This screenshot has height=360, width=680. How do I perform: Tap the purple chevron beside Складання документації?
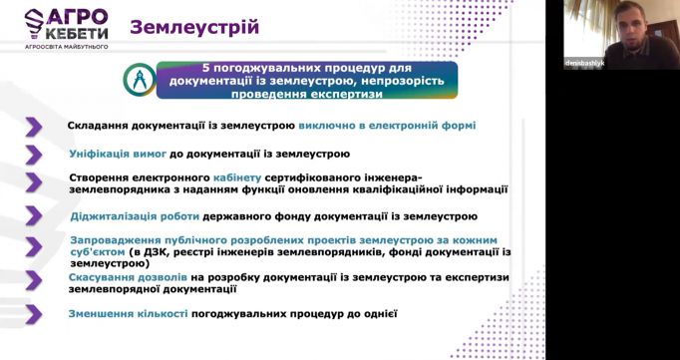tap(34, 127)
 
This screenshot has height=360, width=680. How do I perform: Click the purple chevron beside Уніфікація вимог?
tap(34, 155)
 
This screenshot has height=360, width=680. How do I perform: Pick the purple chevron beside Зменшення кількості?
tap(34, 314)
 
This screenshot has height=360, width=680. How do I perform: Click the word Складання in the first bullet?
tap(97, 127)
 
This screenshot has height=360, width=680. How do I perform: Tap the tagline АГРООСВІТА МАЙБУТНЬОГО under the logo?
tap(66, 47)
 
